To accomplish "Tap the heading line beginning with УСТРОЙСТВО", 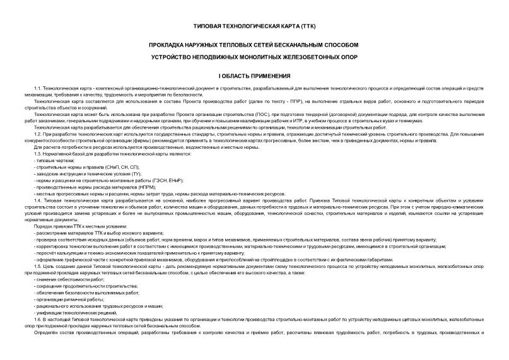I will pos(254,57).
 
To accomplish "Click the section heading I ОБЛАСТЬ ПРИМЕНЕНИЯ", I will pos(254,76).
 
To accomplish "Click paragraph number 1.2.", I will pos(38,136).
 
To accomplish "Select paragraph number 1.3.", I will pos(38,154).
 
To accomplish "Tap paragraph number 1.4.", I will pos(38,200).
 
